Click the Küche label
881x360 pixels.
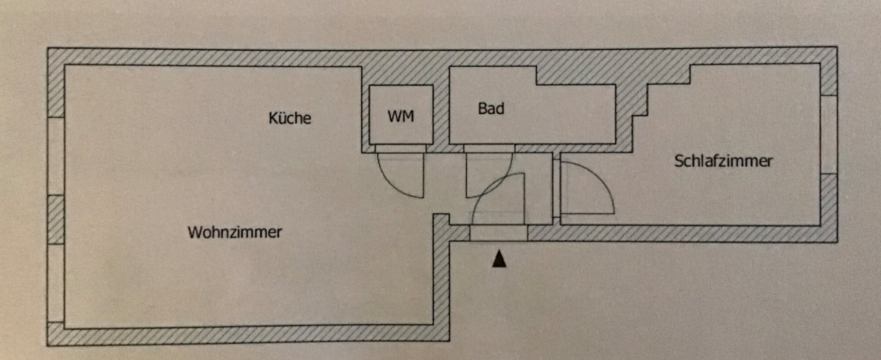[x=290, y=118]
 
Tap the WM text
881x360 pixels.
[x=400, y=116]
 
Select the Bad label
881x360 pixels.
[x=491, y=108]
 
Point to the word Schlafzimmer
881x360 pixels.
[x=723, y=161]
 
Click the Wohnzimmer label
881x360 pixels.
[x=234, y=232]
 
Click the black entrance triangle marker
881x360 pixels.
[x=499, y=259]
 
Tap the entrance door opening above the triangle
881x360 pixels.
[x=498, y=233]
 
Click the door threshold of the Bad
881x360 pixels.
[x=489, y=148]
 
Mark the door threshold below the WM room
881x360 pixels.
[x=400, y=148]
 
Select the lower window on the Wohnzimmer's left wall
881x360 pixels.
[x=55, y=283]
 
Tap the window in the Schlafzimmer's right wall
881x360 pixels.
[x=829, y=134]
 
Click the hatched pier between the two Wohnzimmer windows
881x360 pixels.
[x=55, y=219]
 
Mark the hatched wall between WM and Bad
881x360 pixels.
[x=441, y=112]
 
